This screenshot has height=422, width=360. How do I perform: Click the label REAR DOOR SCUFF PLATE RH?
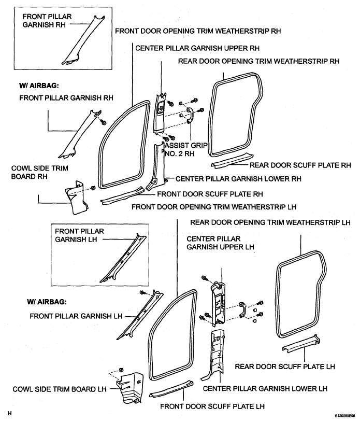(300, 165)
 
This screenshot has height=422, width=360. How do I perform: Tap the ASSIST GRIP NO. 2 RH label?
(186, 150)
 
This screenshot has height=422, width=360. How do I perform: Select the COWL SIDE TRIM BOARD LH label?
(60, 389)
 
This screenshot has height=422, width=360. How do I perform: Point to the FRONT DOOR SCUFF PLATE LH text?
(212, 406)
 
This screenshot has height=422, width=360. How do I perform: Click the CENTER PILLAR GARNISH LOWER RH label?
(238, 179)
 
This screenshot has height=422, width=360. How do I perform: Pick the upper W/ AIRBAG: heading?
(39, 86)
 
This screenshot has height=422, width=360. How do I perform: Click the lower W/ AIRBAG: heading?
(47, 302)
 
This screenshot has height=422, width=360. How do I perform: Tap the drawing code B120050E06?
(345, 416)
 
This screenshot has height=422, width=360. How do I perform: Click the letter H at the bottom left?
(10, 413)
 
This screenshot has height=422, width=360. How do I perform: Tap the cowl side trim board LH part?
(130, 388)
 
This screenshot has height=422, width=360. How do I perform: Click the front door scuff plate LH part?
(171, 389)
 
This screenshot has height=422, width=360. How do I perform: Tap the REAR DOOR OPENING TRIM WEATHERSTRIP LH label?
(270, 222)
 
